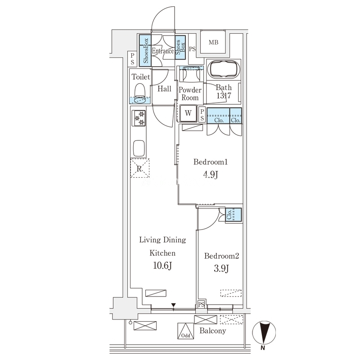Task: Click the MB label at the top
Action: (213, 42)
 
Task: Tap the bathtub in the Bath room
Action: (223, 69)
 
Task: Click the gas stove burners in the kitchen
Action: (139, 118)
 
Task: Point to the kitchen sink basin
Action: (139, 148)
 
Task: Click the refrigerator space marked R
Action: (139, 168)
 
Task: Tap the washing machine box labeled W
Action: (188, 113)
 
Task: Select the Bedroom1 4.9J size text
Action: (210, 175)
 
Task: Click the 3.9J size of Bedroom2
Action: (221, 268)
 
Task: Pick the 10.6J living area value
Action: (162, 266)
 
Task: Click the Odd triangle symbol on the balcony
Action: (185, 331)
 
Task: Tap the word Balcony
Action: (212, 331)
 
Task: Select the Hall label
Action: (164, 89)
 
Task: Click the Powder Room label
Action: (190, 94)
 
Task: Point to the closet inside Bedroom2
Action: (234, 215)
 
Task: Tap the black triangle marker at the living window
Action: (174, 305)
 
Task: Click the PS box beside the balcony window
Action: (201, 305)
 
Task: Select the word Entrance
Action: (163, 51)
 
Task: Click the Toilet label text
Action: (140, 76)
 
